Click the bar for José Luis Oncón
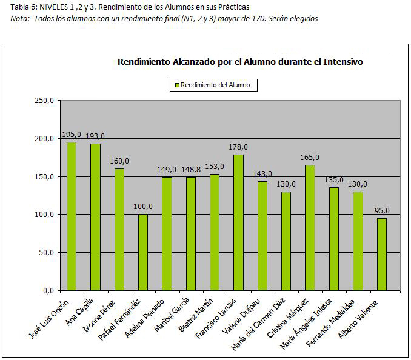(72, 216)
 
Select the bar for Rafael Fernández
(143, 252)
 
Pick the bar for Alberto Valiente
(381, 254)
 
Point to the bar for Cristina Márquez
(310, 227)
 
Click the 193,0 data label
(95, 136)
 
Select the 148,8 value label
(190, 170)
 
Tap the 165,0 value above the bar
(310, 158)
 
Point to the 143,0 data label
(262, 174)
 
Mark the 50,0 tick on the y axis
(47, 253)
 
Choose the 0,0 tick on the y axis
(48, 291)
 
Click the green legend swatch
(177, 85)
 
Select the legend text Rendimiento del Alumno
(215, 85)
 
